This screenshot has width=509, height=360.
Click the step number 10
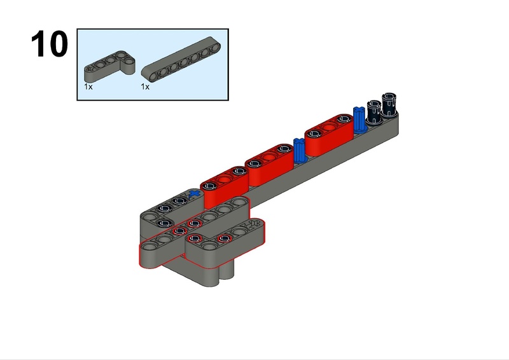click(x=50, y=44)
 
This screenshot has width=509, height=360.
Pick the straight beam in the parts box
click(x=181, y=59)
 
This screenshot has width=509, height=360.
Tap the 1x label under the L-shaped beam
click(x=88, y=87)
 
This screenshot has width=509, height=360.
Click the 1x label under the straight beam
click(x=145, y=87)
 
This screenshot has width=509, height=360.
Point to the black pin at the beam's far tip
click(x=389, y=104)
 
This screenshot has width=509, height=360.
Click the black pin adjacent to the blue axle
click(x=374, y=112)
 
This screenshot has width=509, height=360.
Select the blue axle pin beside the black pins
click(x=359, y=120)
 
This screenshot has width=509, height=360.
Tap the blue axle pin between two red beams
click(x=300, y=151)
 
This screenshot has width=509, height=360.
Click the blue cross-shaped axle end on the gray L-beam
click(x=194, y=194)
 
